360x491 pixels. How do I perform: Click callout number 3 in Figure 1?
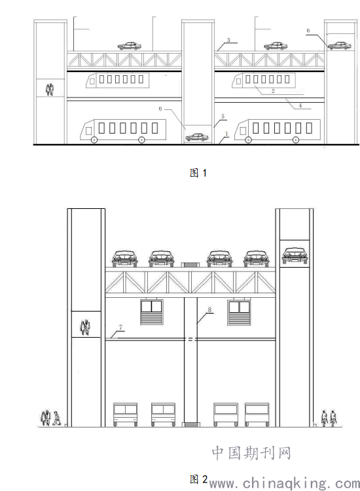(x=228, y=40)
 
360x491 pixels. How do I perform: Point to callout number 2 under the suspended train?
(x=273, y=91)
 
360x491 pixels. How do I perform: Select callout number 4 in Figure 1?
(x=300, y=105)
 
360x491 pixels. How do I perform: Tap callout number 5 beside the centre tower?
(x=223, y=117)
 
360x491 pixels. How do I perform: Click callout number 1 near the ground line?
(x=227, y=134)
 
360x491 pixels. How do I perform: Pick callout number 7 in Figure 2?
(x=120, y=327)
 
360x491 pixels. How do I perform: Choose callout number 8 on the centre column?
(x=209, y=310)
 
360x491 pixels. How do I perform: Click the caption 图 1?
(x=198, y=173)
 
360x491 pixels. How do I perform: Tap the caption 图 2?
(x=198, y=479)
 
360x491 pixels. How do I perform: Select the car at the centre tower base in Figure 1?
(x=196, y=137)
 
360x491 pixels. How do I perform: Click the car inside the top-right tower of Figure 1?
(x=339, y=45)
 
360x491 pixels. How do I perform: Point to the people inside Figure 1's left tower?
(x=50, y=90)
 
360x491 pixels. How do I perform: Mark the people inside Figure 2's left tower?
(x=85, y=327)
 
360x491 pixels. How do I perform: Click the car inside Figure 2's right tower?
(x=295, y=255)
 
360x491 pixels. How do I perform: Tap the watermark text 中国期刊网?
(x=251, y=453)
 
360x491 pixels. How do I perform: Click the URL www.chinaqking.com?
(x=284, y=483)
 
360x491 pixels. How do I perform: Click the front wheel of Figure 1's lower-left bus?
(x=94, y=140)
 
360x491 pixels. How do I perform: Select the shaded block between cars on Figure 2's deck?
(x=190, y=265)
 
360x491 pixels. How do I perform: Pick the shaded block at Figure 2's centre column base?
(x=190, y=425)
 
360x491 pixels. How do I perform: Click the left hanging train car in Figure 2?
(x=151, y=312)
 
